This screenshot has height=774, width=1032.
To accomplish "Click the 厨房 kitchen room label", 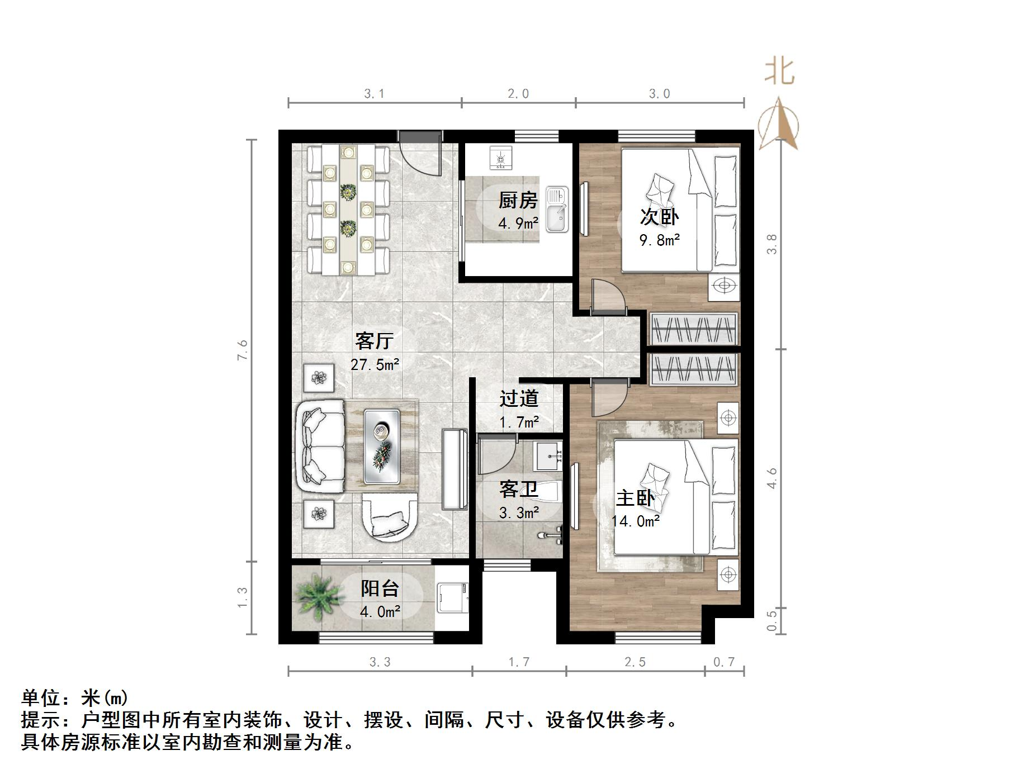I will point(518,200).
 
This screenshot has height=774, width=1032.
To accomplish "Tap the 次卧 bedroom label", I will point(659,217).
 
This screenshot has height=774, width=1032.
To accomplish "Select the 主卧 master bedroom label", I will point(635,498).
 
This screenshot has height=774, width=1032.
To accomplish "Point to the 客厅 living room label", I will point(375,340).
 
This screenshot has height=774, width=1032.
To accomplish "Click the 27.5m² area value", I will point(375,365).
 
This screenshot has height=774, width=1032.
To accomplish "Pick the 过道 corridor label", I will point(519,398).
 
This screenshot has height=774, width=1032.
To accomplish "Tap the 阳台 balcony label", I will point(380,588).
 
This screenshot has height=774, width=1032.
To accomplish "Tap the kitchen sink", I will point(557,210).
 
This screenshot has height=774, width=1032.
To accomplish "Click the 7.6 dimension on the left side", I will point(242,350).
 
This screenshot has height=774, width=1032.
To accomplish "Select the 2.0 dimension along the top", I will point(518,94).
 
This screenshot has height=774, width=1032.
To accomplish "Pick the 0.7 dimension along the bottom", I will point(724,662).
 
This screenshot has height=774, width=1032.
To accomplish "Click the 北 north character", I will point(779,72).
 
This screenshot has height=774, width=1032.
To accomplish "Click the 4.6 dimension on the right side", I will point(772,478).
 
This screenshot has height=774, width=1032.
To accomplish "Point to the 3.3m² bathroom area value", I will point(519,512).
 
